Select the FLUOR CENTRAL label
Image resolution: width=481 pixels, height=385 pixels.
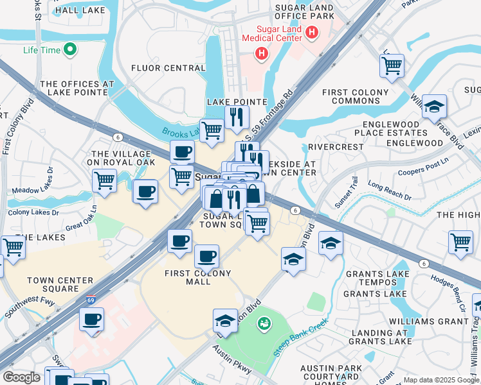pyautogui.click(x=168, y=68)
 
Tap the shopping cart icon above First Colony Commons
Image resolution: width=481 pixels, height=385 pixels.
pyautogui.click(x=392, y=64)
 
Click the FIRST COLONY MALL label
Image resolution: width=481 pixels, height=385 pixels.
pyautogui.click(x=188, y=277)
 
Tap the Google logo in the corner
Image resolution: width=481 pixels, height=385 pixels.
pyautogui.click(x=22, y=377)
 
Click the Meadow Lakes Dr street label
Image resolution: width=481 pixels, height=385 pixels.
pyautogui.click(x=35, y=190)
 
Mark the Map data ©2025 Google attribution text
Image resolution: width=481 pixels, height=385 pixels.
pyautogui.click(x=441, y=380)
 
